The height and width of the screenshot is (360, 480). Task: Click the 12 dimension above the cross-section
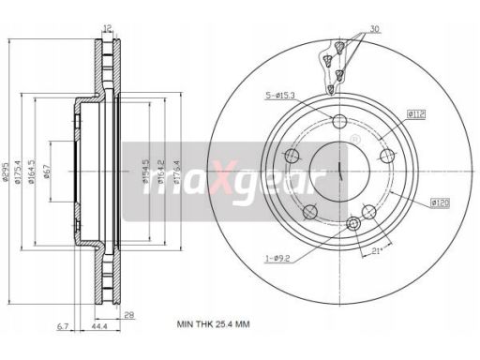[x=108, y=26]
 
